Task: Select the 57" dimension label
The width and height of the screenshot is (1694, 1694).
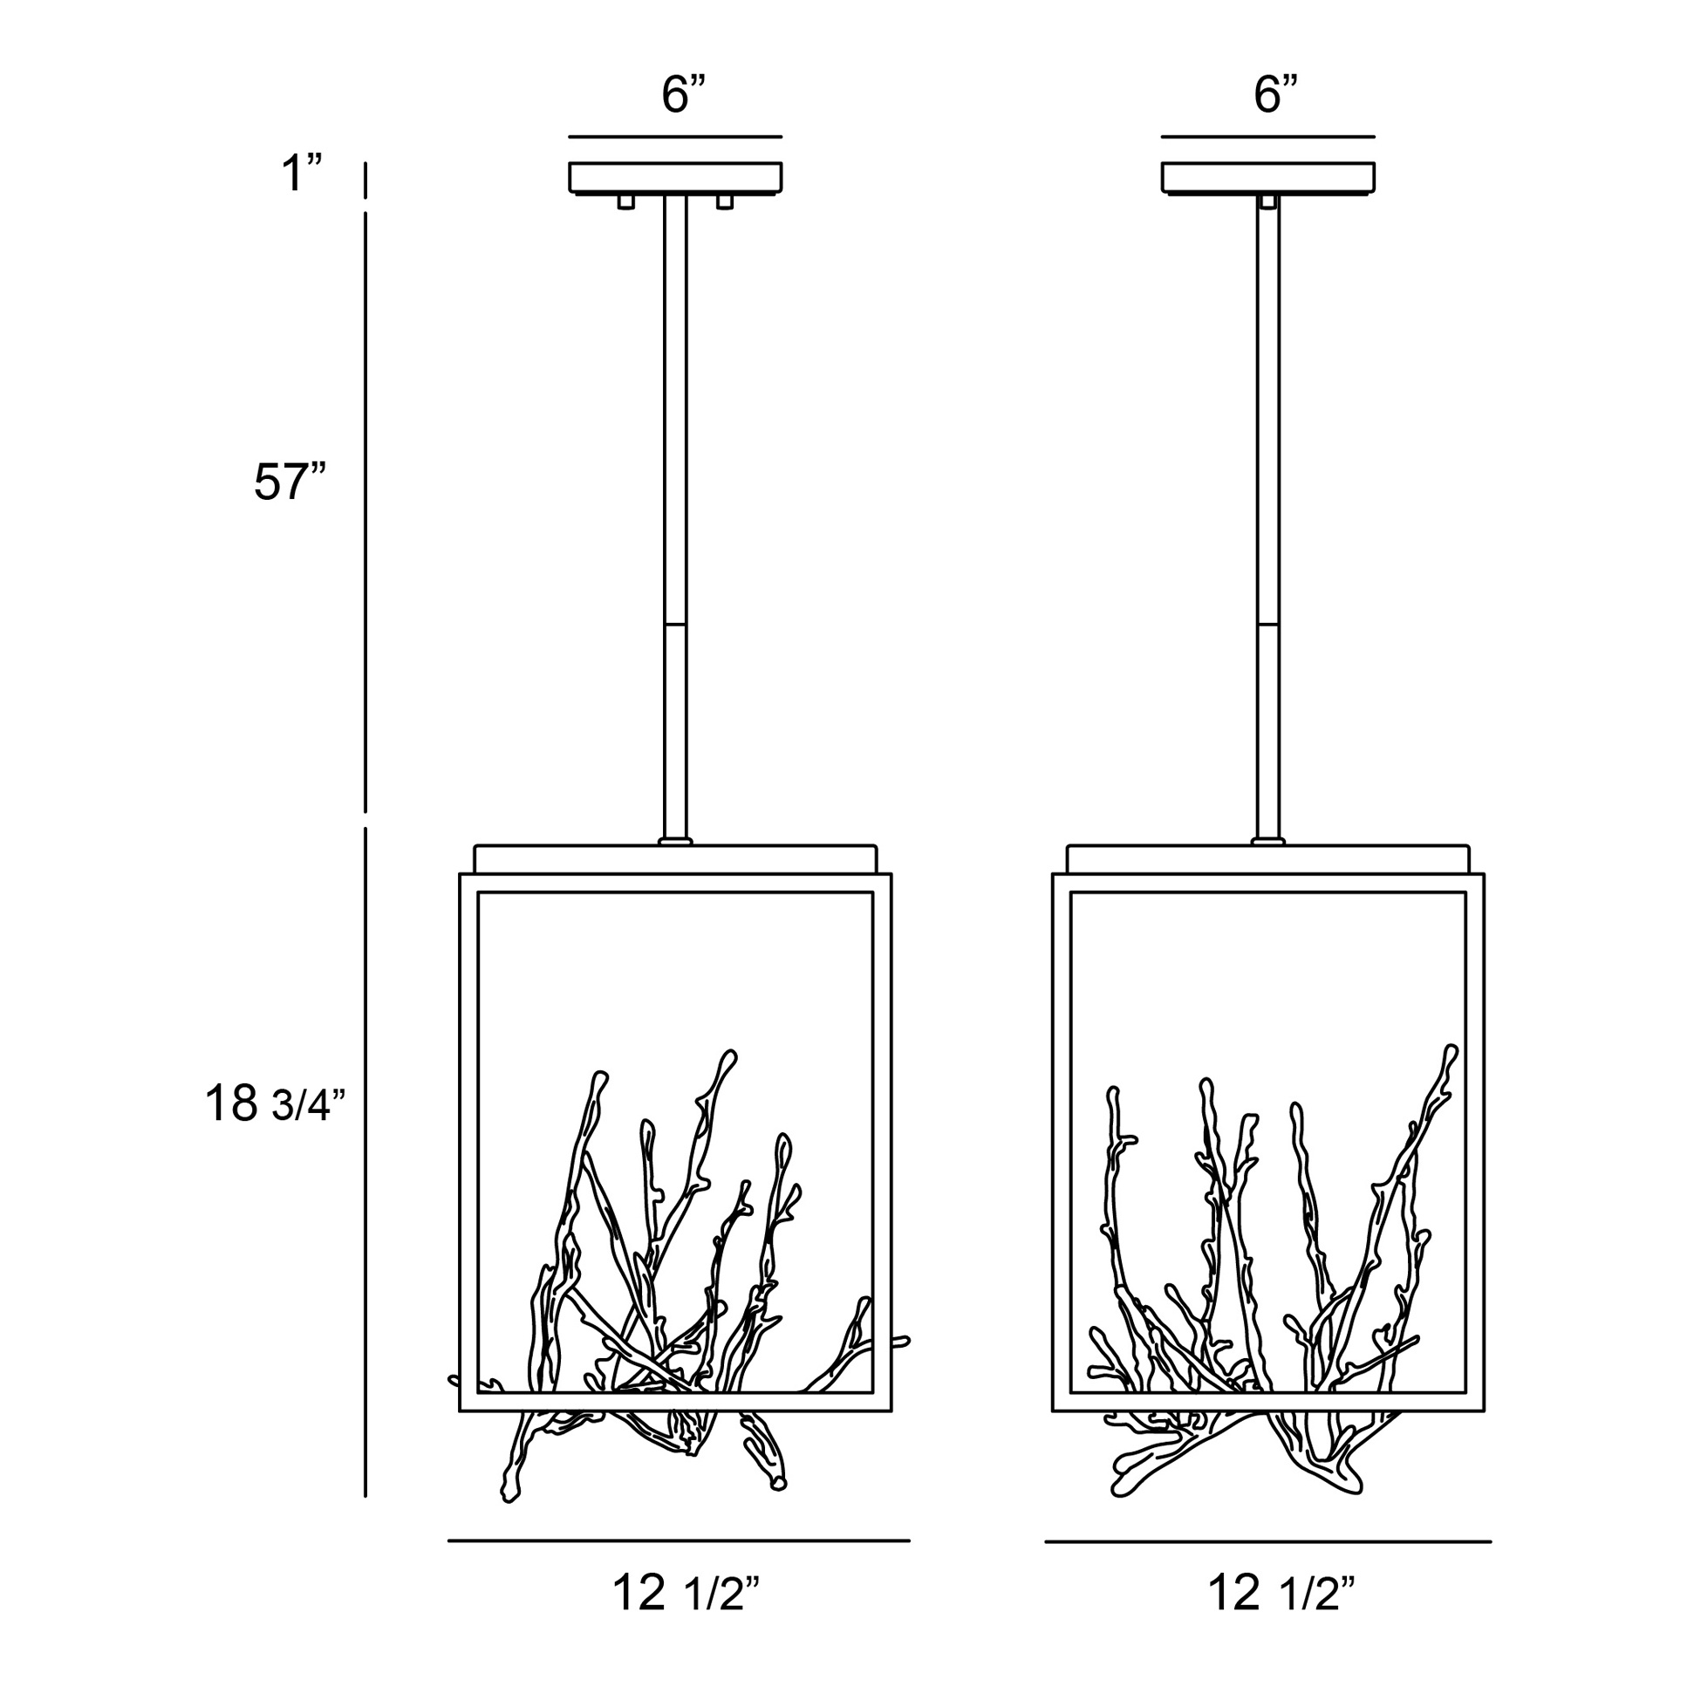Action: tap(290, 482)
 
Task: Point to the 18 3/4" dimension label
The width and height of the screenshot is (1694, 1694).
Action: tap(276, 1103)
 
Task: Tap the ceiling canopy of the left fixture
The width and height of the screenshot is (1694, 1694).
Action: tap(675, 177)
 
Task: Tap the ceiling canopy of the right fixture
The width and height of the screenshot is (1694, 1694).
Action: tap(1267, 177)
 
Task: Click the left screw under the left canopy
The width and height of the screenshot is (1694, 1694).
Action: tap(625, 202)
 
